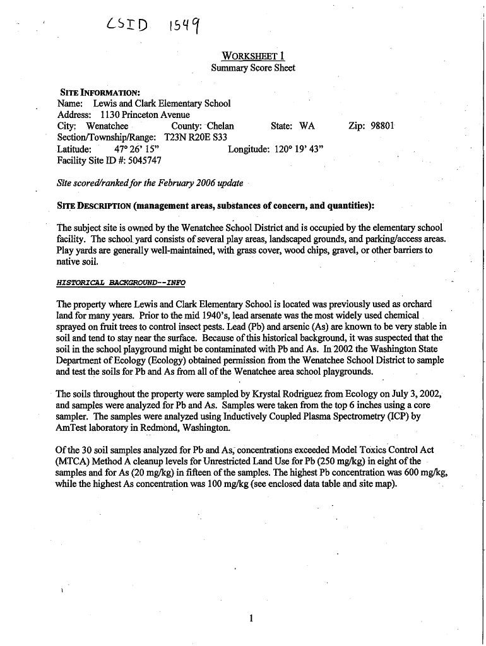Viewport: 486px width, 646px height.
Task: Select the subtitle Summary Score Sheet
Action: coord(252,68)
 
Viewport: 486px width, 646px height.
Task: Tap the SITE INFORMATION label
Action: coord(98,91)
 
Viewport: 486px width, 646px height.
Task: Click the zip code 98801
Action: coord(379,126)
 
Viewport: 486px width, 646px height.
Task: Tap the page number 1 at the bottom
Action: coord(251,618)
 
